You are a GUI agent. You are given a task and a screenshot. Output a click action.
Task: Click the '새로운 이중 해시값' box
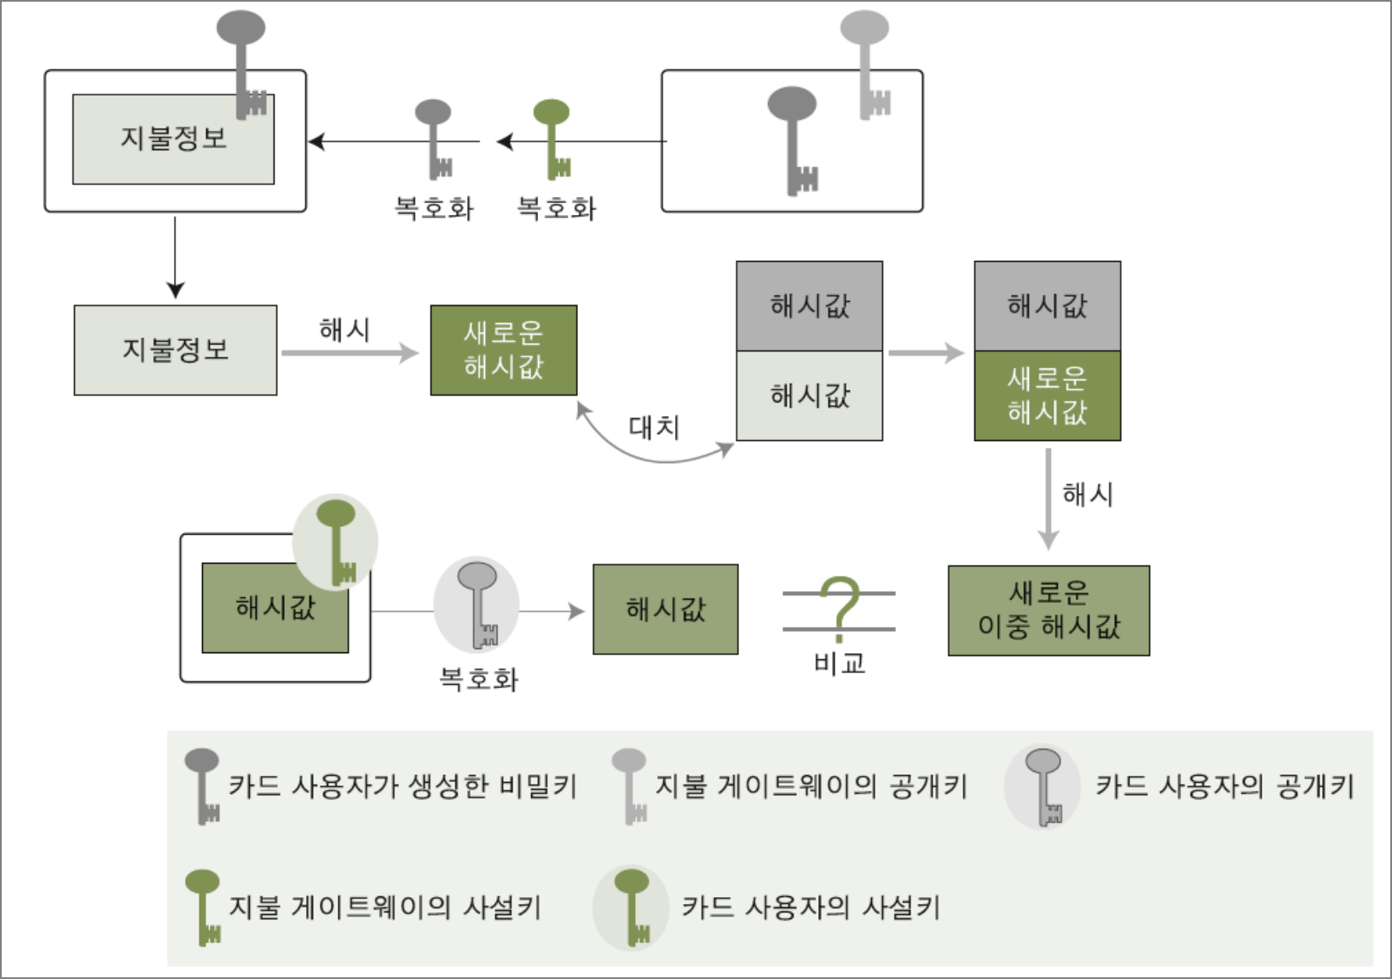click(1048, 611)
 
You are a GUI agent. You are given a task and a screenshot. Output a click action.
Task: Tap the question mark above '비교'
click(840, 607)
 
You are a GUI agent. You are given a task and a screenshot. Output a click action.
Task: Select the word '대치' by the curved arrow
click(654, 427)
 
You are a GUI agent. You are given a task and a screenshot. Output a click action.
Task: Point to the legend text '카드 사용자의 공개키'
click(1225, 785)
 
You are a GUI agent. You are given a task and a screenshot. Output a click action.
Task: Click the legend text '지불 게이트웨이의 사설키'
click(384, 907)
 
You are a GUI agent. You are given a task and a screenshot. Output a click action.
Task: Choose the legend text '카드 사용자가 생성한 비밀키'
click(402, 785)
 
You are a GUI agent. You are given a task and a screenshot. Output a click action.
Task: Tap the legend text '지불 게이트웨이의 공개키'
click(811, 785)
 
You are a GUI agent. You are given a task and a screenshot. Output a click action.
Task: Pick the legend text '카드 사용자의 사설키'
click(811, 907)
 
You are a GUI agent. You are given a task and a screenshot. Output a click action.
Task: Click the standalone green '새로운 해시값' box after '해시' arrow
click(504, 350)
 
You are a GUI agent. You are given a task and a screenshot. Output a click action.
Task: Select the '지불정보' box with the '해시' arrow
click(176, 350)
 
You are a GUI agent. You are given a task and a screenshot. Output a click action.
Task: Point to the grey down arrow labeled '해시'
click(1048, 499)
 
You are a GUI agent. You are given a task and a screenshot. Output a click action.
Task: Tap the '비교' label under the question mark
click(840, 663)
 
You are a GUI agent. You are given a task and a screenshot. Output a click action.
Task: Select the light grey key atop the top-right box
click(867, 64)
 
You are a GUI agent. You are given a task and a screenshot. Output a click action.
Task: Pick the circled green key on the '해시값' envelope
click(336, 542)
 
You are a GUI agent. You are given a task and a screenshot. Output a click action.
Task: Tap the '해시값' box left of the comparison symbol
click(666, 609)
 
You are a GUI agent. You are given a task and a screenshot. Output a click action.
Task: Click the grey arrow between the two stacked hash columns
click(927, 352)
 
